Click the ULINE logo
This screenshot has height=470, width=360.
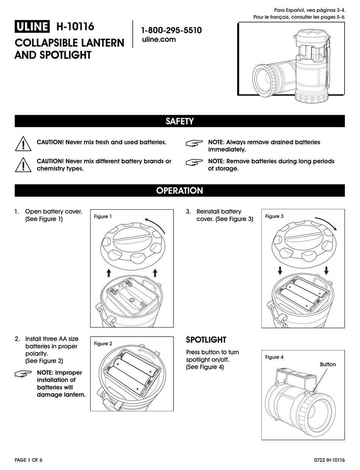click(32, 27)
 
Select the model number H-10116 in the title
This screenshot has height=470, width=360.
click(75, 27)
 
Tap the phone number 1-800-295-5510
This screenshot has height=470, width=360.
click(171, 30)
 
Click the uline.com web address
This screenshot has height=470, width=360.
click(158, 39)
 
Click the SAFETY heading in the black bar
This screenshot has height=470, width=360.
click(180, 121)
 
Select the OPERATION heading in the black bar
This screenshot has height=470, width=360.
click(180, 191)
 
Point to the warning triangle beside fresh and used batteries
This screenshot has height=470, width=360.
click(23, 144)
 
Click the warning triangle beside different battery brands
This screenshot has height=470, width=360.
click(23, 164)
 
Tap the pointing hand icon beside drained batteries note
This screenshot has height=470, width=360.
click(194, 143)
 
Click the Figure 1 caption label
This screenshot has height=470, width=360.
click(103, 217)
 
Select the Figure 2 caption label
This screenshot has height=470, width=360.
click(103, 343)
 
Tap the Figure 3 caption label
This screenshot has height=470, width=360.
click(274, 216)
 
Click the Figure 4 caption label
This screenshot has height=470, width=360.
click(274, 357)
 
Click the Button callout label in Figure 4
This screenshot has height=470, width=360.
click(328, 364)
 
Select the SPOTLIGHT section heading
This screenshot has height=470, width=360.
click(206, 340)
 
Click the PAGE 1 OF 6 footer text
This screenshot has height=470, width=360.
click(28, 460)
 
